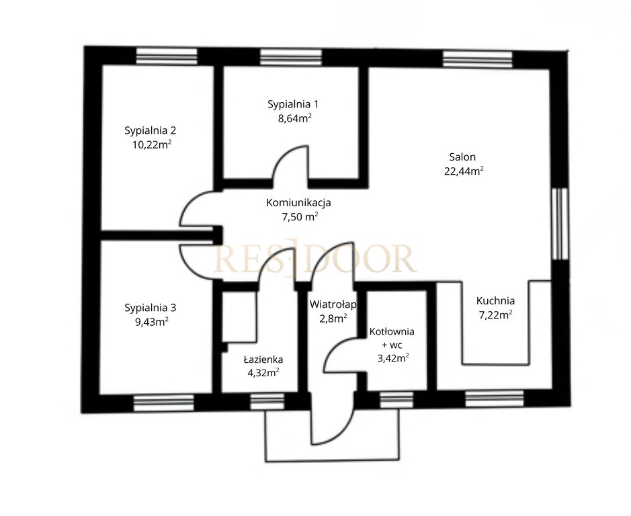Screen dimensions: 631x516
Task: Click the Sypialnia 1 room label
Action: pos(293,105)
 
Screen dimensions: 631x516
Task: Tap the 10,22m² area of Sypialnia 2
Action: pos(152,144)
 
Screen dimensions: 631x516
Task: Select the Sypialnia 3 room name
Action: pos(150,308)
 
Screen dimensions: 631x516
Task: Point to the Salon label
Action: pos(462,157)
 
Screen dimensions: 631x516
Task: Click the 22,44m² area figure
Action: pos(464,171)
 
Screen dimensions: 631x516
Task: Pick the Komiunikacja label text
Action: pos(298,202)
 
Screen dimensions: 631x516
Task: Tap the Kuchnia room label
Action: pos(495,301)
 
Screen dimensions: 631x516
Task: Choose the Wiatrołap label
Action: pos(333,304)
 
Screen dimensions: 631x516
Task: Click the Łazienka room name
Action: pos(263,359)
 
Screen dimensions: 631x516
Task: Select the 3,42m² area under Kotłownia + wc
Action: pos(393,358)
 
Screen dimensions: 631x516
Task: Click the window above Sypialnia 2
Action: pos(167,56)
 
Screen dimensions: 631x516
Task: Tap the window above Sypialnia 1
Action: pos(291,57)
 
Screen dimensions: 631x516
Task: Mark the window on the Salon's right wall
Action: pos(560,224)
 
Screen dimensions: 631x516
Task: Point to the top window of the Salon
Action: pos(478,59)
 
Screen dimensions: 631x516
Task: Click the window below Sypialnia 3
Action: pos(164,403)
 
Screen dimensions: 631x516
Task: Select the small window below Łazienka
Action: pos(267,401)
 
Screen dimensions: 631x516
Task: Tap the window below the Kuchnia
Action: pos(495,398)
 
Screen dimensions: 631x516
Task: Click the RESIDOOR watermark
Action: pos(314,258)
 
